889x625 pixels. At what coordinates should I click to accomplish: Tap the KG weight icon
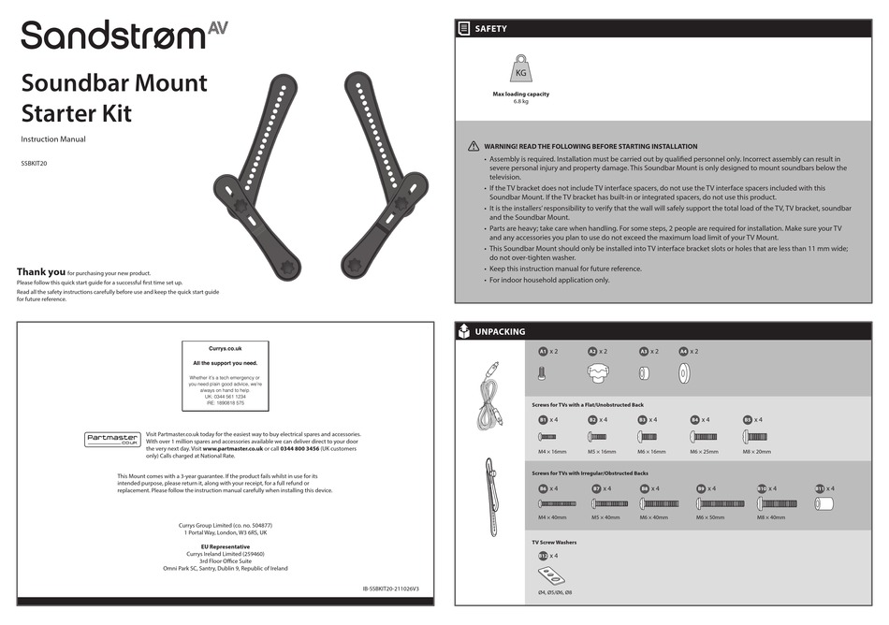521,71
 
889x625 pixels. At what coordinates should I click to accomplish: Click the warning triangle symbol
474,147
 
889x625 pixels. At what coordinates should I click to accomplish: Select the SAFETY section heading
490,29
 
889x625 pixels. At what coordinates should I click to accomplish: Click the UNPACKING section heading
500,331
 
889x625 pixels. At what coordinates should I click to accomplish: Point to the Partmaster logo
112,439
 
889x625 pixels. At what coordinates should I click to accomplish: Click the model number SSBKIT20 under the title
35,163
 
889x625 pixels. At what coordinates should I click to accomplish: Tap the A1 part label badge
543,352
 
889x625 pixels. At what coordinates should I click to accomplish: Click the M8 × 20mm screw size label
756,451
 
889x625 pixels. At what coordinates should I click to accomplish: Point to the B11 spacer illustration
825,502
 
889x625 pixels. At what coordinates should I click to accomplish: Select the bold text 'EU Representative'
225,546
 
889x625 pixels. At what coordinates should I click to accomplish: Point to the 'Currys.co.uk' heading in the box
225,348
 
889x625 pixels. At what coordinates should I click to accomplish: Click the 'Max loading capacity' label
521,94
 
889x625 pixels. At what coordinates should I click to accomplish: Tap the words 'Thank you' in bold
41,271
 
